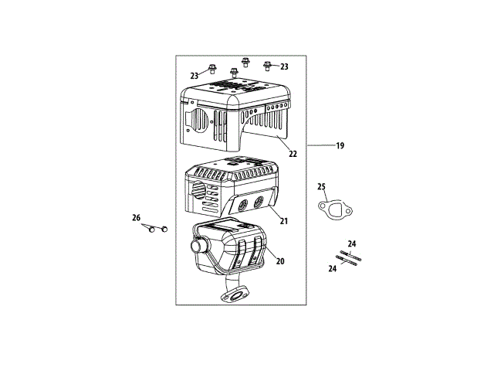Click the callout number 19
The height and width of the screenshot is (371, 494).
[x=339, y=145]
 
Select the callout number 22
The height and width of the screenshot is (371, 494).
[x=293, y=154]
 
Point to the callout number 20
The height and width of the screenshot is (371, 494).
[x=280, y=261]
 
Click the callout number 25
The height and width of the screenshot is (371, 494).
[x=323, y=186]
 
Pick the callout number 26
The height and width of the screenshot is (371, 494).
[x=137, y=218]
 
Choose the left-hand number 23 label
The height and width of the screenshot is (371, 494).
[x=194, y=76]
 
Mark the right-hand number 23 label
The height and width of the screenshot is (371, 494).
[x=284, y=67]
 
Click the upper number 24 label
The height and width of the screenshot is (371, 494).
[x=352, y=243]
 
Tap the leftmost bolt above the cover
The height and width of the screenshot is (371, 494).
[x=213, y=69]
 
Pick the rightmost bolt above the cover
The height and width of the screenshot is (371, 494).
[x=268, y=65]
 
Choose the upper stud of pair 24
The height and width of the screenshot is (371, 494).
[x=347, y=254]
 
